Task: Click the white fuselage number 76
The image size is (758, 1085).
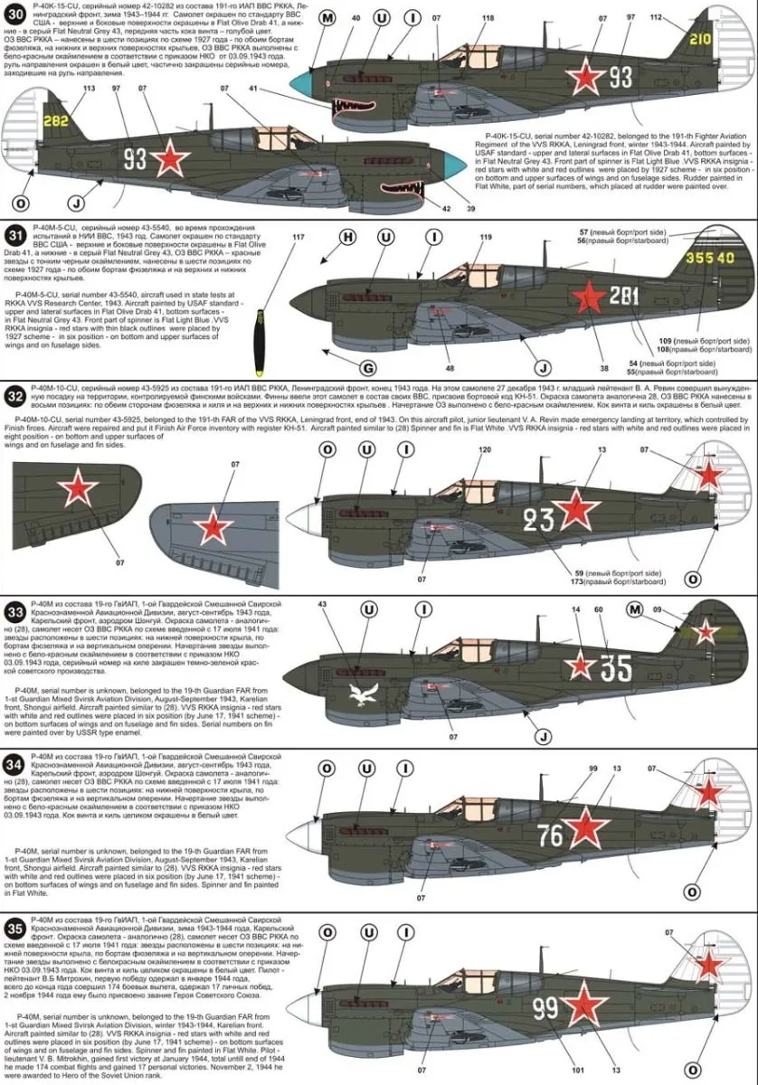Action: pos(550,835)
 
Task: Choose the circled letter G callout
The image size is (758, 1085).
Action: pos(368,369)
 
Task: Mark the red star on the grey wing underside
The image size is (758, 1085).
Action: pos(213,525)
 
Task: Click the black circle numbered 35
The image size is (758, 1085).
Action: pos(13,929)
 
